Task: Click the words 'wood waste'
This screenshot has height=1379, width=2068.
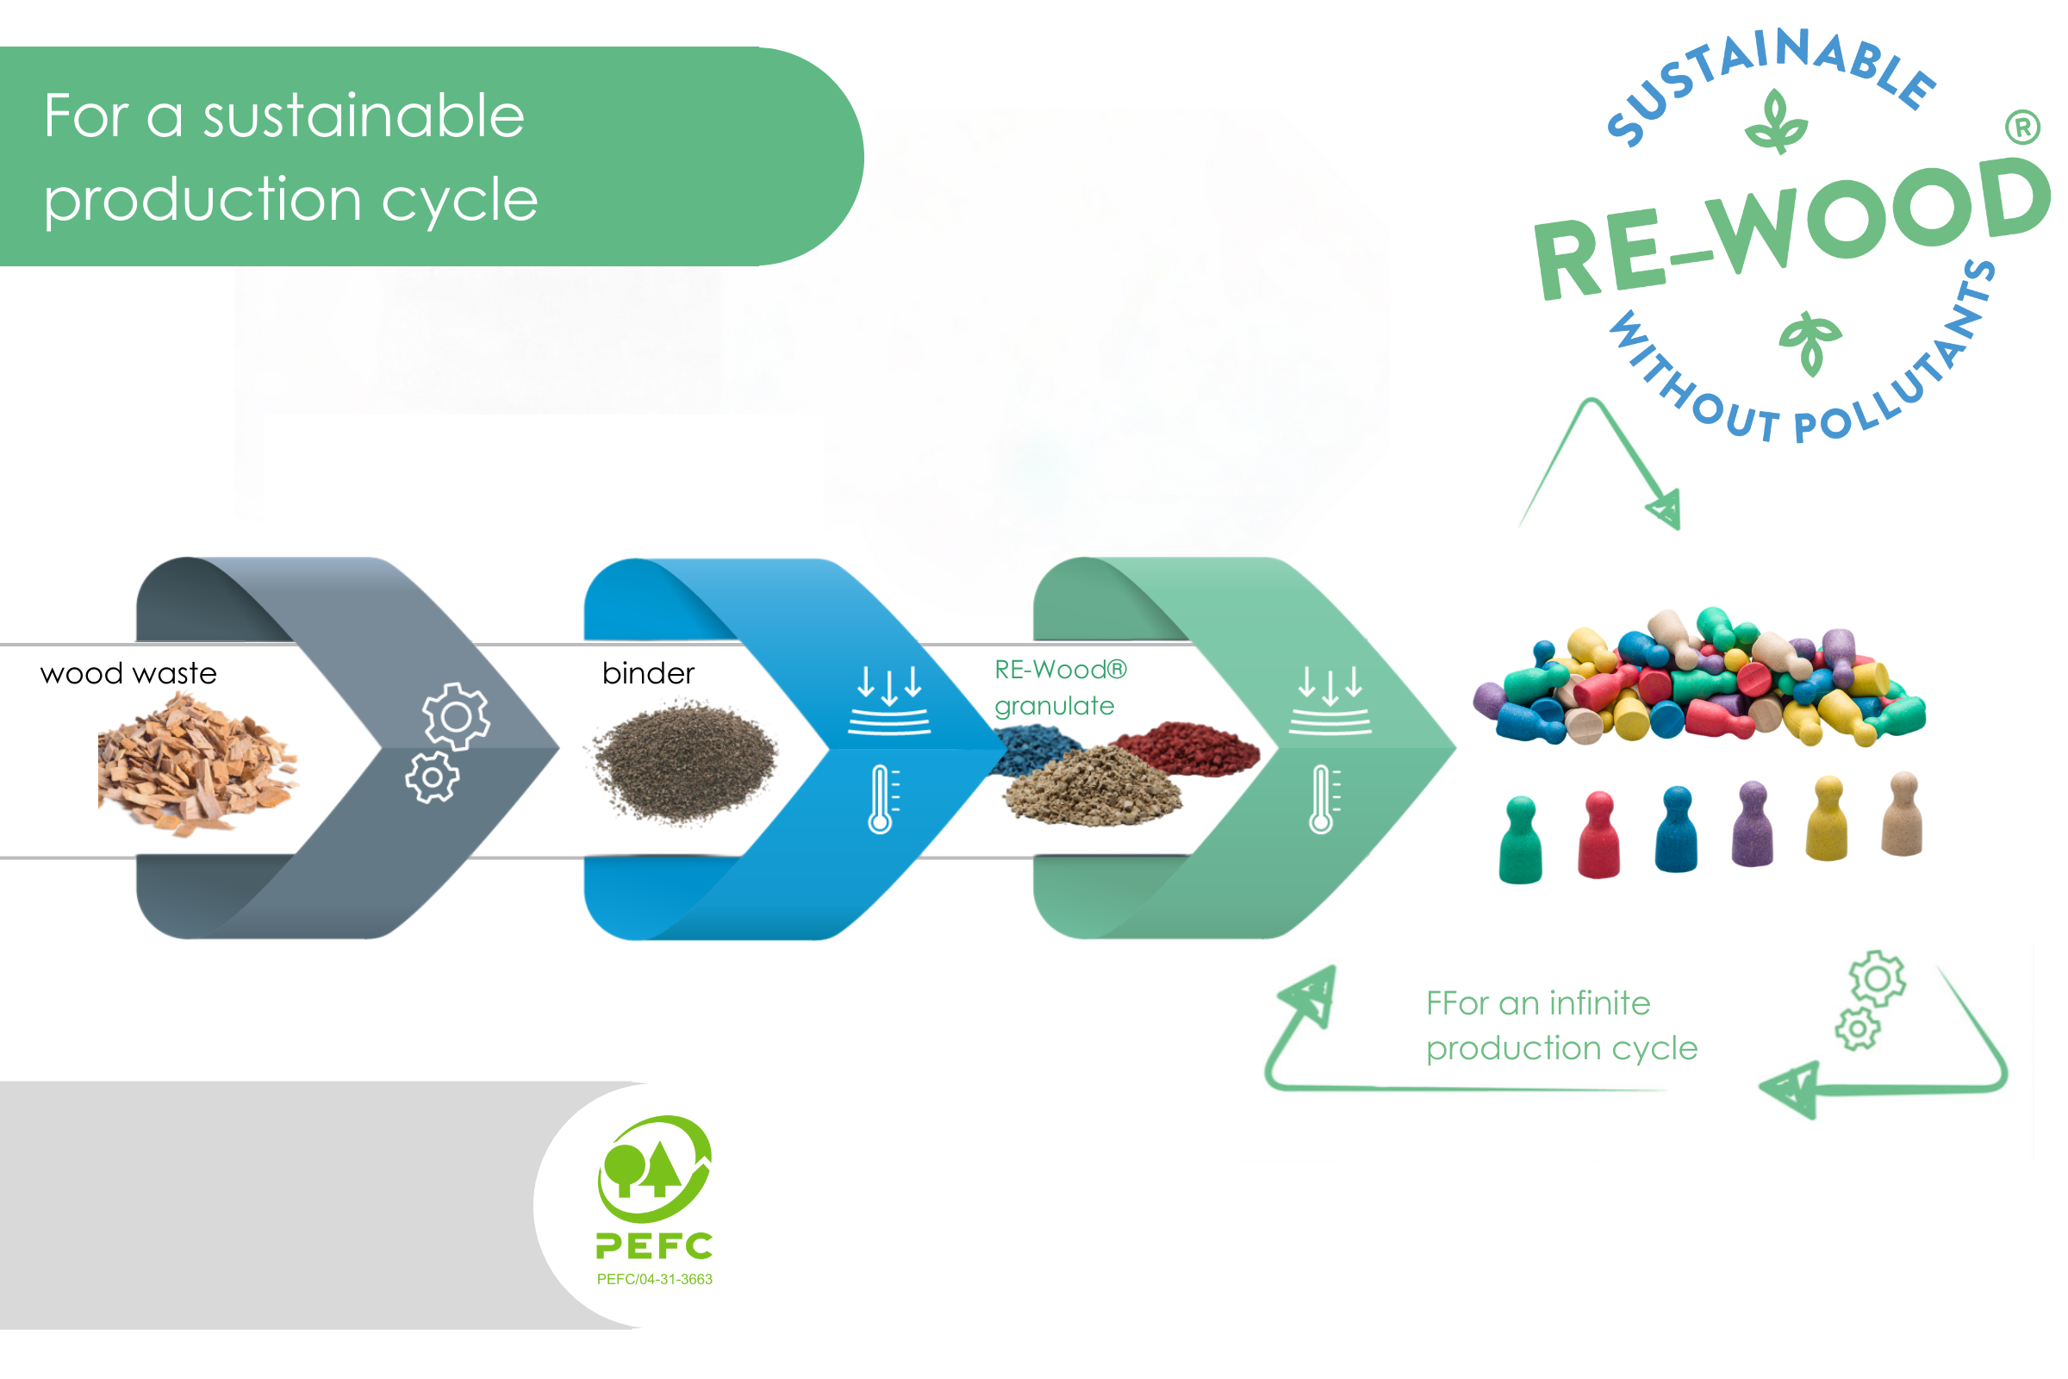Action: pyautogui.click(x=128, y=674)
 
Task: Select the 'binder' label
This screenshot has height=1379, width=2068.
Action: pyautogui.click(x=648, y=674)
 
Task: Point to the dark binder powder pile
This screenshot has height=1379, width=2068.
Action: pyautogui.click(x=684, y=762)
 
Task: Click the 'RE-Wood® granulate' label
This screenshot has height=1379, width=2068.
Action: pyautogui.click(x=1059, y=688)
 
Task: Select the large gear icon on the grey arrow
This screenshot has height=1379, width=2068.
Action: pyautogui.click(x=456, y=717)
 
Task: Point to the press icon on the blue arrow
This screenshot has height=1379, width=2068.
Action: pyautogui.click(x=889, y=700)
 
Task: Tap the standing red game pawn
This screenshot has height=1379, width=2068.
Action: pyautogui.click(x=1598, y=835)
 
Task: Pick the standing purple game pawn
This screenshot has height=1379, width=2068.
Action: pyautogui.click(x=1753, y=824)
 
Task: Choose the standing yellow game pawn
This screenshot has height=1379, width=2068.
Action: pyautogui.click(x=1827, y=818)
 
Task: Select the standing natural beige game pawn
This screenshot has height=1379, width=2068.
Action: pyautogui.click(x=1902, y=814)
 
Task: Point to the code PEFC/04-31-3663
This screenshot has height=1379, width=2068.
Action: pyautogui.click(x=655, y=1280)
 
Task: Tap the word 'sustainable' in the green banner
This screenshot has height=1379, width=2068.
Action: pyautogui.click(x=363, y=116)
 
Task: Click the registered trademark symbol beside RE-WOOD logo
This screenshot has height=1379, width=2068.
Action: pyautogui.click(x=2022, y=128)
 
